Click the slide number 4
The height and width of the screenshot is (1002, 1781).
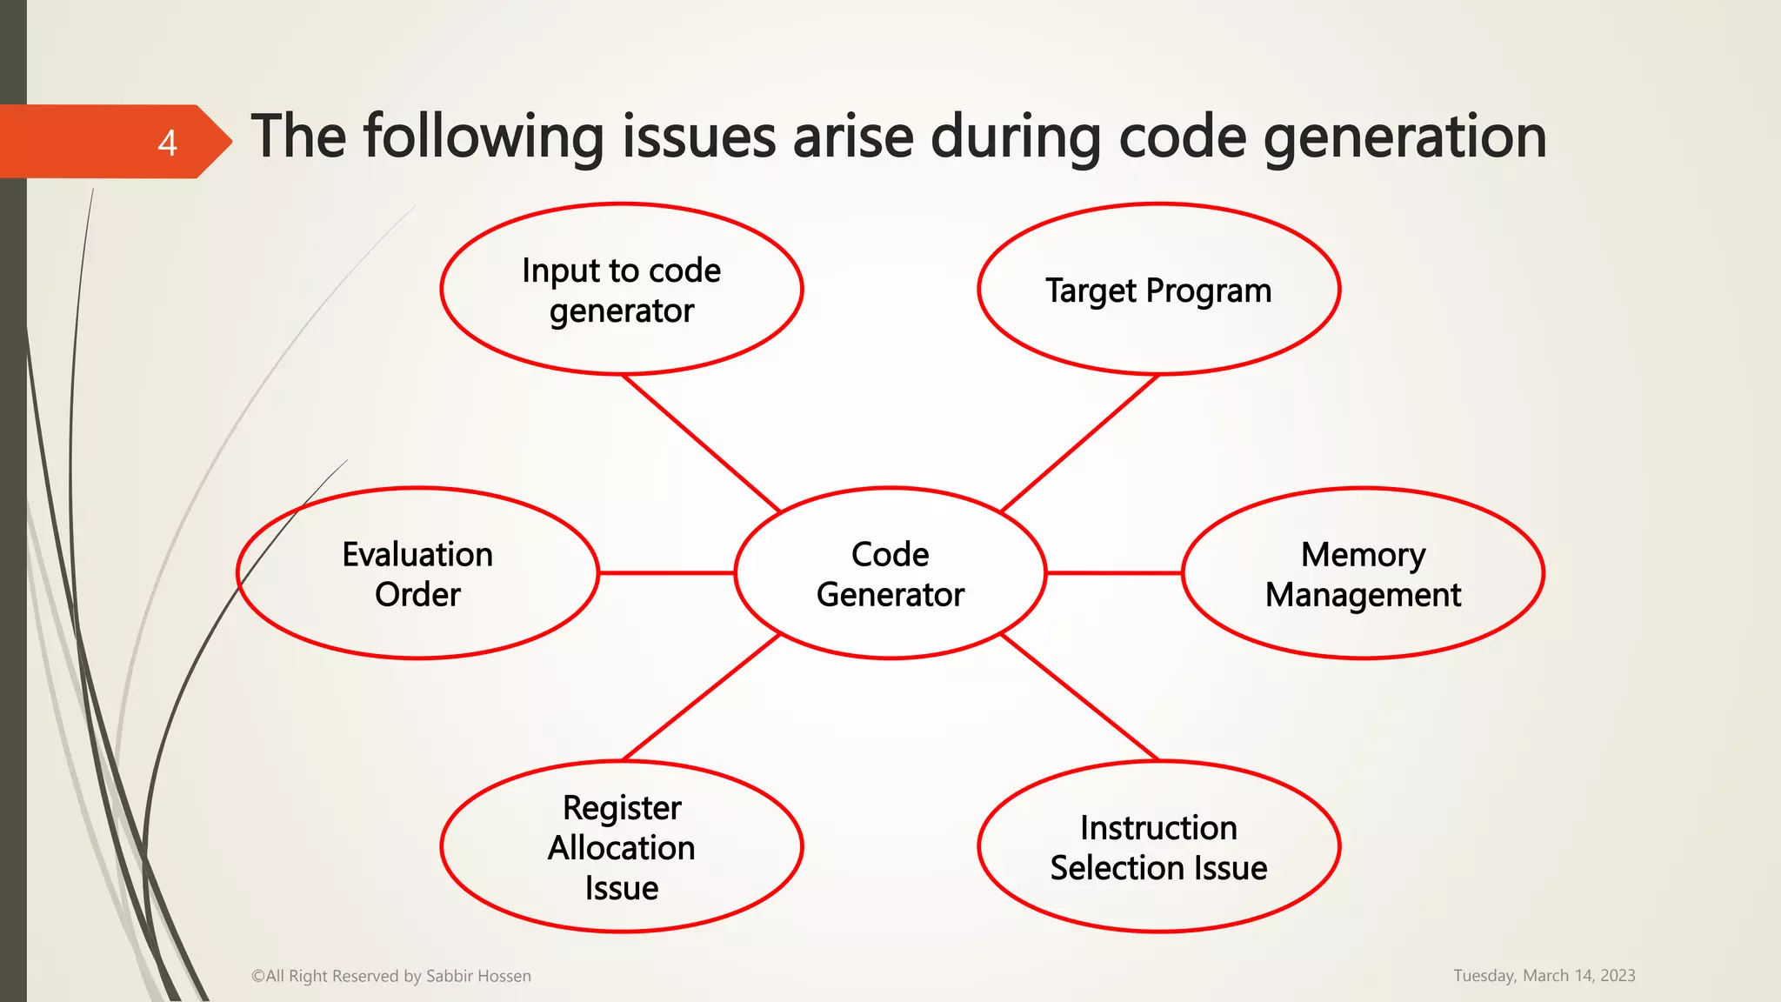point(167,143)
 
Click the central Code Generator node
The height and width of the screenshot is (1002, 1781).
point(890,574)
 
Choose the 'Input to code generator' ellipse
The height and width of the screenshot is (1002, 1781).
point(621,290)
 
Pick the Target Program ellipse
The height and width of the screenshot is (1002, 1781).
point(1158,290)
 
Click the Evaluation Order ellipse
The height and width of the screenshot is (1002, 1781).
point(417,574)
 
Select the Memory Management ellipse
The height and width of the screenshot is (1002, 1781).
point(1363,574)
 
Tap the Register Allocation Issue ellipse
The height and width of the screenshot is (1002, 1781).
point(621,847)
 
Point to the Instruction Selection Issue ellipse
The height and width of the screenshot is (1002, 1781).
point(1158,847)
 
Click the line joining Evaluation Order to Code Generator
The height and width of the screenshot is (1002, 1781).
point(667,573)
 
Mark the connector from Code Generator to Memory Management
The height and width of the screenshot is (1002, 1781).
point(1114,573)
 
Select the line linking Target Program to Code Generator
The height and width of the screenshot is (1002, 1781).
point(1080,444)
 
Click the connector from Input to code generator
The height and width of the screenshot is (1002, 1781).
point(701,444)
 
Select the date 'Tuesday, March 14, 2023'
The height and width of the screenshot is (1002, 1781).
point(1544,976)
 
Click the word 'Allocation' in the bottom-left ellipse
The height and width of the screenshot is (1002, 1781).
point(621,848)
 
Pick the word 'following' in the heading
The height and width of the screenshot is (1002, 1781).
point(483,137)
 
